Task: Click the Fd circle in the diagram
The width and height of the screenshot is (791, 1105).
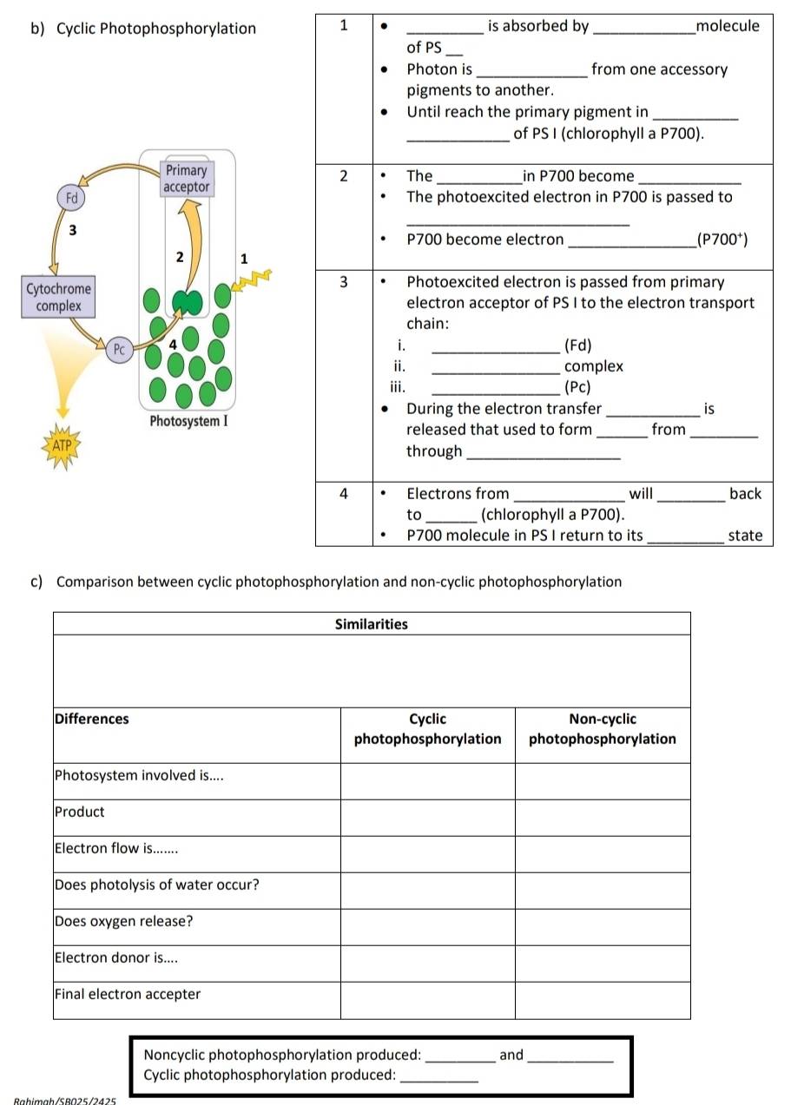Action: coord(72,197)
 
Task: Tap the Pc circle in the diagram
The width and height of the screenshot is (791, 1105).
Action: coord(120,350)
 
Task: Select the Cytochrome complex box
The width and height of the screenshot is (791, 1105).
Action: coord(59,297)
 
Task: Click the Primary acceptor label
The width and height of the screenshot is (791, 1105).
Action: coord(186,179)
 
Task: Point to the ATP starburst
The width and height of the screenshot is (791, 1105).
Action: coord(62,445)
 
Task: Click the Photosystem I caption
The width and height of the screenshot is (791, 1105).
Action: coord(188,421)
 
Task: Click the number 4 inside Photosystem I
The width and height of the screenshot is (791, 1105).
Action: coord(172,344)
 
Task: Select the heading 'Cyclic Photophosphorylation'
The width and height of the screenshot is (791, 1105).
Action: coord(156,29)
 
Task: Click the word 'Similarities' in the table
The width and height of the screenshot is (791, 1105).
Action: coord(371,624)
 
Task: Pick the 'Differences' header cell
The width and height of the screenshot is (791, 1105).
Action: coord(91,719)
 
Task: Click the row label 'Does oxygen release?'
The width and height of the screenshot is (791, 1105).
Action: coord(123,921)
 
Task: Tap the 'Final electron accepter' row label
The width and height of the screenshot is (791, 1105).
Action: coord(127,994)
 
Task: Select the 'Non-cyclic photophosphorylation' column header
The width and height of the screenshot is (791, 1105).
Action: coord(603,729)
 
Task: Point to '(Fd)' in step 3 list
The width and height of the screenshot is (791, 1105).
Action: coord(578,345)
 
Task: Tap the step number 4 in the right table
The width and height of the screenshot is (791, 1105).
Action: coord(344,494)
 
